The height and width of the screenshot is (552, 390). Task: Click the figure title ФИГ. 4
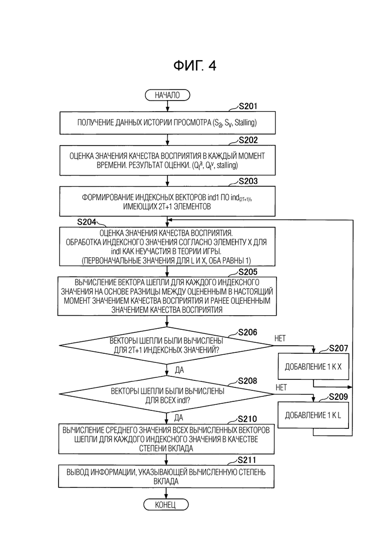[195, 66]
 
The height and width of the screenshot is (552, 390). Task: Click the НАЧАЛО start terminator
[167, 95]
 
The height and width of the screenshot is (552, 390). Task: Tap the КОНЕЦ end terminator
[165, 504]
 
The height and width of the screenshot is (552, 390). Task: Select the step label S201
[248, 106]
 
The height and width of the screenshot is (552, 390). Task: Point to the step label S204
[86, 222]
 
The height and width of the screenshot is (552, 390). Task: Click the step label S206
[247, 332]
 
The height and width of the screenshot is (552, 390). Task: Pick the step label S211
[247, 460]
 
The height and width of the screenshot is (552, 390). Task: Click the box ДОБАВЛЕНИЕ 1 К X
[313, 366]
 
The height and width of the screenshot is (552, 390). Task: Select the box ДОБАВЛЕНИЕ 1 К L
[313, 415]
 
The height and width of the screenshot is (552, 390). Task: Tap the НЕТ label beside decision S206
[280, 338]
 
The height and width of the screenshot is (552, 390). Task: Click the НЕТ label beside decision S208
[281, 387]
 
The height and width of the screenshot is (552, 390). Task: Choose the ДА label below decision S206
[179, 370]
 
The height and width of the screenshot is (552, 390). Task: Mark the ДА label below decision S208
[178, 417]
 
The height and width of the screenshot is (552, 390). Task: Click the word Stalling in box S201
[245, 123]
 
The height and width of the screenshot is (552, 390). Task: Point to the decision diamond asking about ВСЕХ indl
[166, 394]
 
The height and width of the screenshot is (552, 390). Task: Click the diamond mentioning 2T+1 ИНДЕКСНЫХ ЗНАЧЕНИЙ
[166, 345]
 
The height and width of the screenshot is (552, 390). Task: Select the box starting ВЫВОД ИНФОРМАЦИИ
[166, 476]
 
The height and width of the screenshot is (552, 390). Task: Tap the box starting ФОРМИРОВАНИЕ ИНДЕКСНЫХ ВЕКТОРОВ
[167, 201]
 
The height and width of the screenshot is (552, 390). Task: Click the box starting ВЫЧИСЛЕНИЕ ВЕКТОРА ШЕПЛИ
[167, 296]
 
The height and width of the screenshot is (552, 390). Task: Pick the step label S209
[338, 397]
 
